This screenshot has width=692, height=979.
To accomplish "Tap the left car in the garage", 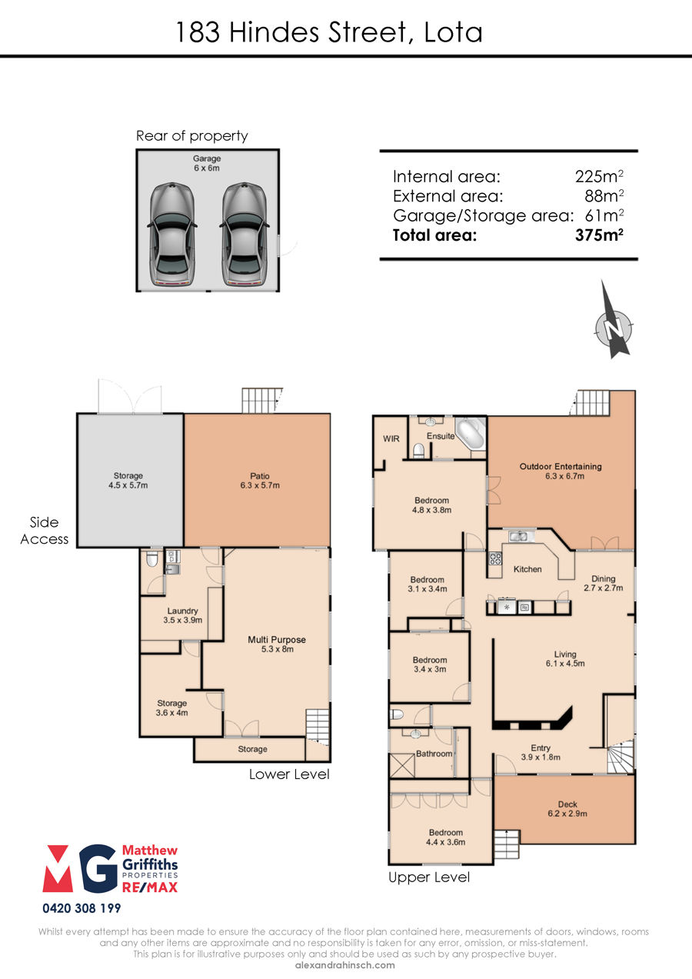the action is (x=172, y=235).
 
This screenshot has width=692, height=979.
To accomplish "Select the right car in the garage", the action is (x=244, y=235).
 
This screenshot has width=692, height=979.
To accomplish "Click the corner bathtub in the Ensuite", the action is (x=471, y=433).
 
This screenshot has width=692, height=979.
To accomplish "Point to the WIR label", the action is (x=391, y=439).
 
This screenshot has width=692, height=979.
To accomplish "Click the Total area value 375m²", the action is (x=599, y=235).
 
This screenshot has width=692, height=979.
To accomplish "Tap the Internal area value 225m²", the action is (x=599, y=177).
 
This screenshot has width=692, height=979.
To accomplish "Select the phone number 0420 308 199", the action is (x=82, y=908).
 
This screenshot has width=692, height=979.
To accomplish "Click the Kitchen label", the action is (x=527, y=569).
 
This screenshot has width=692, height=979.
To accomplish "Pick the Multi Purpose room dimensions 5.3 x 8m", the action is (x=278, y=649).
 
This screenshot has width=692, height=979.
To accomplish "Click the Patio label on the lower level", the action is (x=260, y=475).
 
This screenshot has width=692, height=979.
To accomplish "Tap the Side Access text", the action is (x=44, y=531).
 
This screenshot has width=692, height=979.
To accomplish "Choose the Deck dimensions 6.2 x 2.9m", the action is (x=567, y=814).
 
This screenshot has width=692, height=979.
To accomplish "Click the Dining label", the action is (x=604, y=578).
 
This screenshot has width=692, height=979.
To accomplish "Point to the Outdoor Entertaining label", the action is (x=561, y=466).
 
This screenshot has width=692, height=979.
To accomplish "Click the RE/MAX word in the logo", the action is (x=150, y=887).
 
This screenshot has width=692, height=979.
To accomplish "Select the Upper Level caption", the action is (x=429, y=877).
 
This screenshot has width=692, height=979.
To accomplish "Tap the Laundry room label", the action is (x=183, y=611).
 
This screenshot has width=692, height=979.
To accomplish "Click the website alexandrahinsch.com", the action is (x=345, y=965).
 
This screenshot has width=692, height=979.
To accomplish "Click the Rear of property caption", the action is (x=191, y=136).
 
